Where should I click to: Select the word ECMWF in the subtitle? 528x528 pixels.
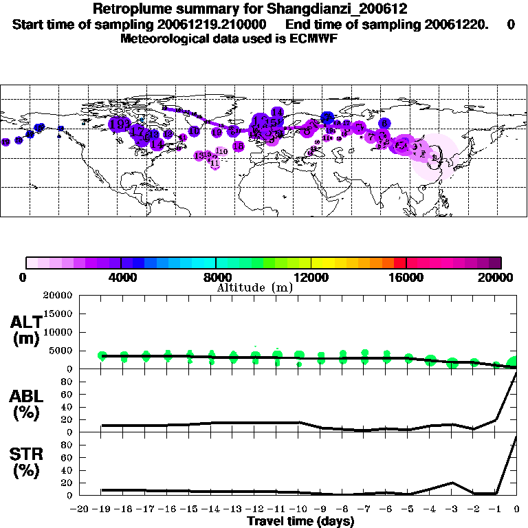coord(313,38)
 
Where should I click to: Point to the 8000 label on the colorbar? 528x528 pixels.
coord(216,278)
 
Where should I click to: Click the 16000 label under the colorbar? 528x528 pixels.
coord(406,278)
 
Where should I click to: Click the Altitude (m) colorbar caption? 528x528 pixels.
coord(254,287)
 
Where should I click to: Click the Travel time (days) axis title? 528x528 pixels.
coord(300,522)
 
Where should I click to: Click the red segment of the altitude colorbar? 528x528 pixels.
coord(399,263)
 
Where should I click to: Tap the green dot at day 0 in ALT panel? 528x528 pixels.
coord(514,364)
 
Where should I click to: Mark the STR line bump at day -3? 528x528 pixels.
coord(452,483)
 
